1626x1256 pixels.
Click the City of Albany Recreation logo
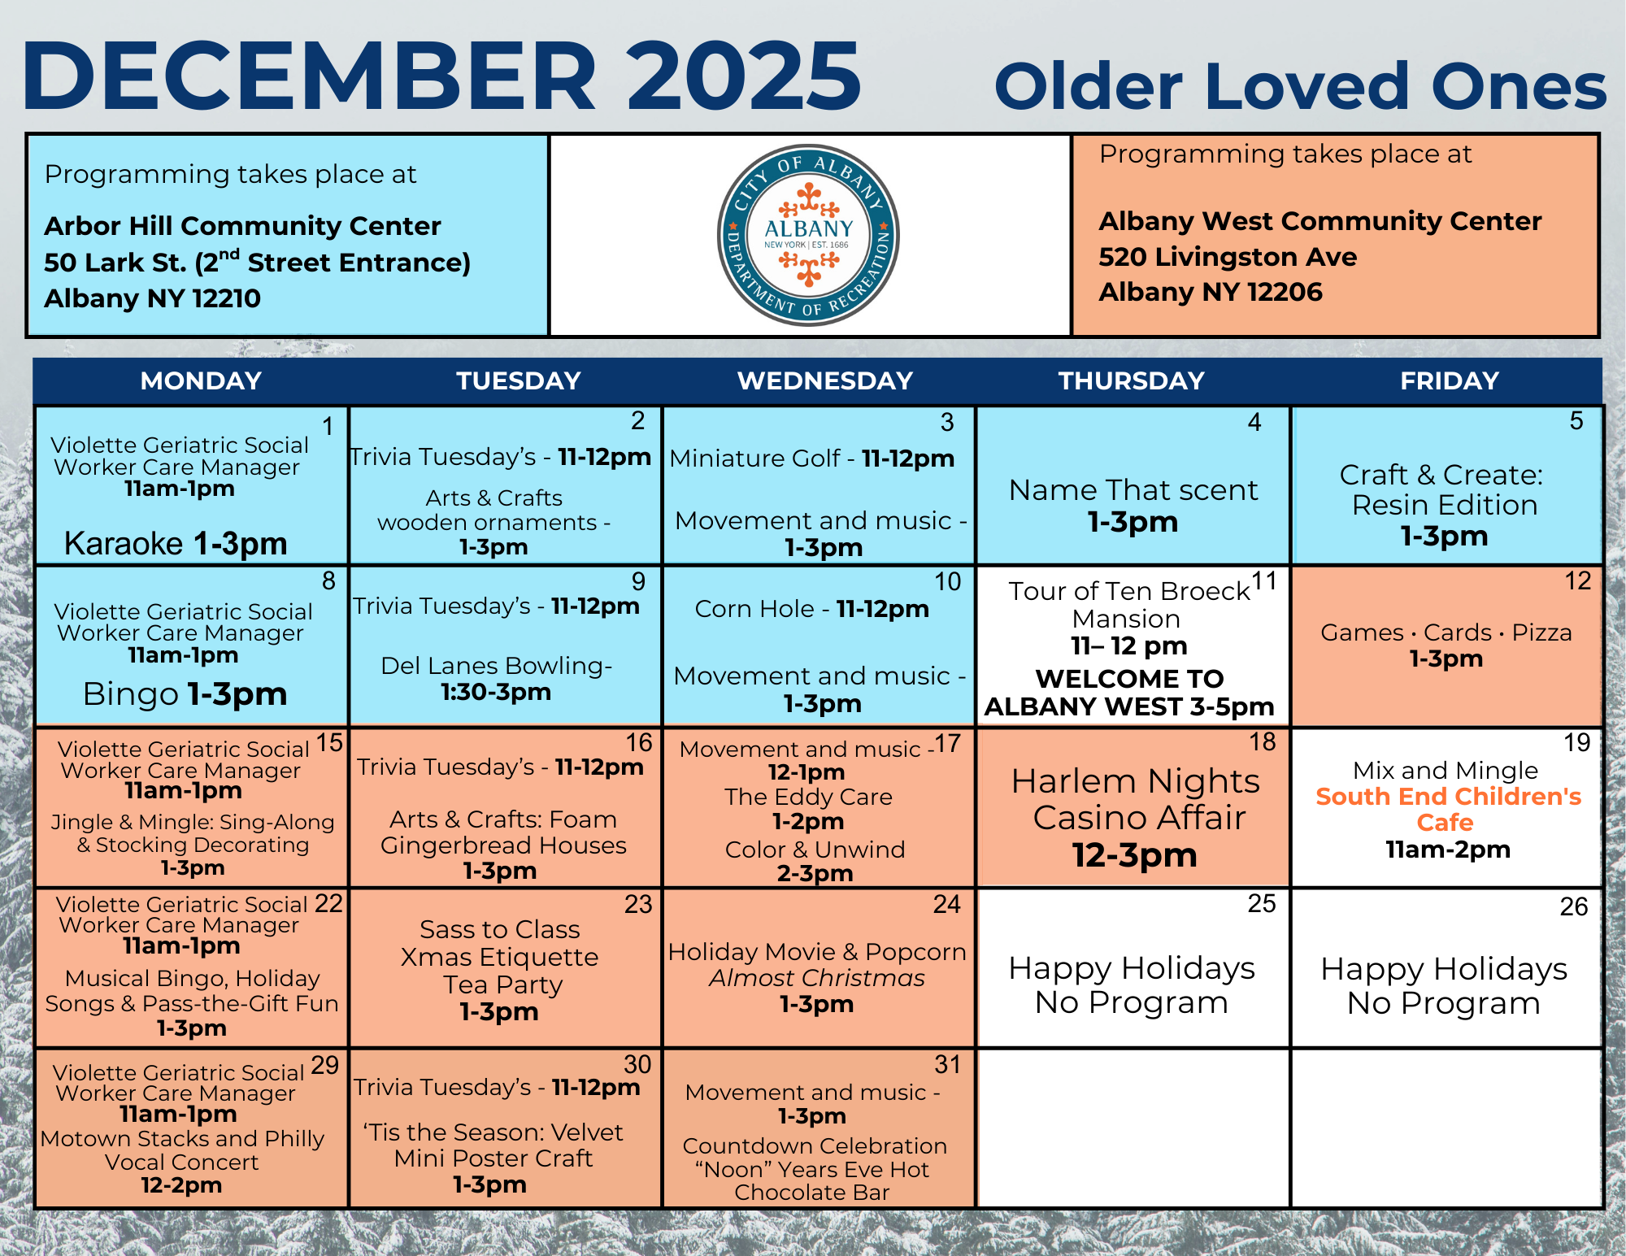coord(808,236)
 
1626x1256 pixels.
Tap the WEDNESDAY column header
coord(824,380)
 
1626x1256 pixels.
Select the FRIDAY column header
coord(1449,380)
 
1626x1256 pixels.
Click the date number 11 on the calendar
coord(1264,581)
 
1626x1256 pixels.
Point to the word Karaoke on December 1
coord(124,543)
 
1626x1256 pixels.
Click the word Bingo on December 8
coord(131,694)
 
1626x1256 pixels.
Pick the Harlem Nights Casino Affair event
coord(1135,800)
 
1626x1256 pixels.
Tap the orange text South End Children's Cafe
coord(1448,809)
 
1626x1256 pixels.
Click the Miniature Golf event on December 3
coord(754,459)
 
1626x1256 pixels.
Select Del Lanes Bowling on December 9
coord(496,666)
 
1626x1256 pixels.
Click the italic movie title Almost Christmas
coord(816,978)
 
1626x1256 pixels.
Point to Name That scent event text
coord(1133,490)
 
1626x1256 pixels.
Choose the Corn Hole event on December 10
coord(754,609)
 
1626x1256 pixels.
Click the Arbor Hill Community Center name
coord(242,225)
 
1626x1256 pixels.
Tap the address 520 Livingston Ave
coord(1228,257)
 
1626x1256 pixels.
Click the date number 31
coord(947,1064)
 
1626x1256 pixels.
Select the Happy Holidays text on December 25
coord(1132,968)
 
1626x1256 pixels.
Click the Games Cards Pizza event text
coord(1446,632)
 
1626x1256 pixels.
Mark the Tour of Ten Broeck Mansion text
coord(1128,604)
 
